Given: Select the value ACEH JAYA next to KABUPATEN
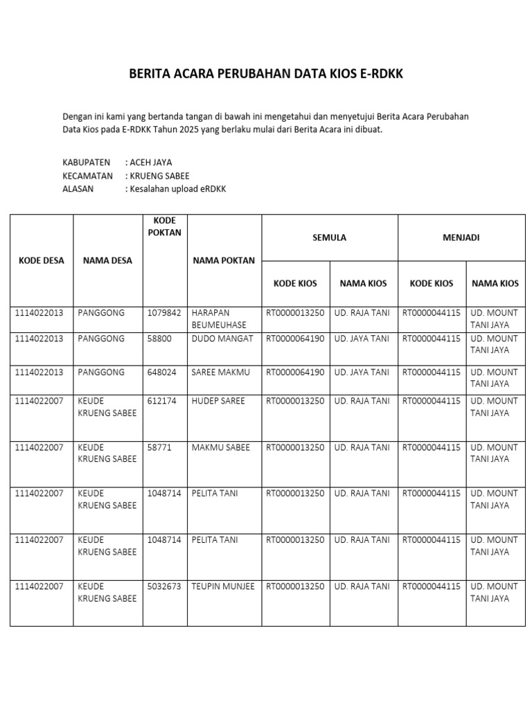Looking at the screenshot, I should [150, 163].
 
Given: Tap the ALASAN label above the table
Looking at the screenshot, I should [78, 188].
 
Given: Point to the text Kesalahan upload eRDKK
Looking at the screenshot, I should [178, 188].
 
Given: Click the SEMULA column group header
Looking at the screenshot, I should [329, 237].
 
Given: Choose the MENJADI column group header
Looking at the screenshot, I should [461, 237].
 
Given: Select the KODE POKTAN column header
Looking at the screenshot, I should [164, 226].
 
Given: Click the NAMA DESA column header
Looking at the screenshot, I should [107, 261].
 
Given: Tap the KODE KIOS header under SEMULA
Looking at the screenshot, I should [295, 283].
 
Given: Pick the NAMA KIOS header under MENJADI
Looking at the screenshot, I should [495, 283].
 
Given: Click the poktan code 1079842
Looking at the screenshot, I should [164, 313].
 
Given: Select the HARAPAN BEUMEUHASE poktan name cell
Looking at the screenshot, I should [219, 318].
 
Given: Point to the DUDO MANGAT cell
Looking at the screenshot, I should [222, 339].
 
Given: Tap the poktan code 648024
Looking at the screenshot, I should [162, 372].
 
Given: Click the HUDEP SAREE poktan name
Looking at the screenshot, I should [218, 401].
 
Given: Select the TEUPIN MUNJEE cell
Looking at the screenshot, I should [223, 586].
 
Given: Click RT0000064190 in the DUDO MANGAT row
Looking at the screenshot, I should [295, 339].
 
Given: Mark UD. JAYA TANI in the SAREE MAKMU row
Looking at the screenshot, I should [362, 372].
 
